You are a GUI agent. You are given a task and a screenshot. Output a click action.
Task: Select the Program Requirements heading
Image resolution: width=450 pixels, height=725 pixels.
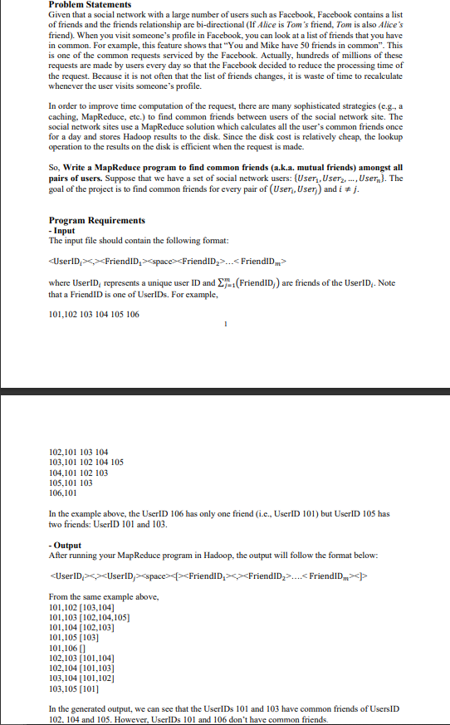97,220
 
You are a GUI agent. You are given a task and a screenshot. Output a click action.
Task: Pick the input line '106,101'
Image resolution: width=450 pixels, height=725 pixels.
65,492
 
